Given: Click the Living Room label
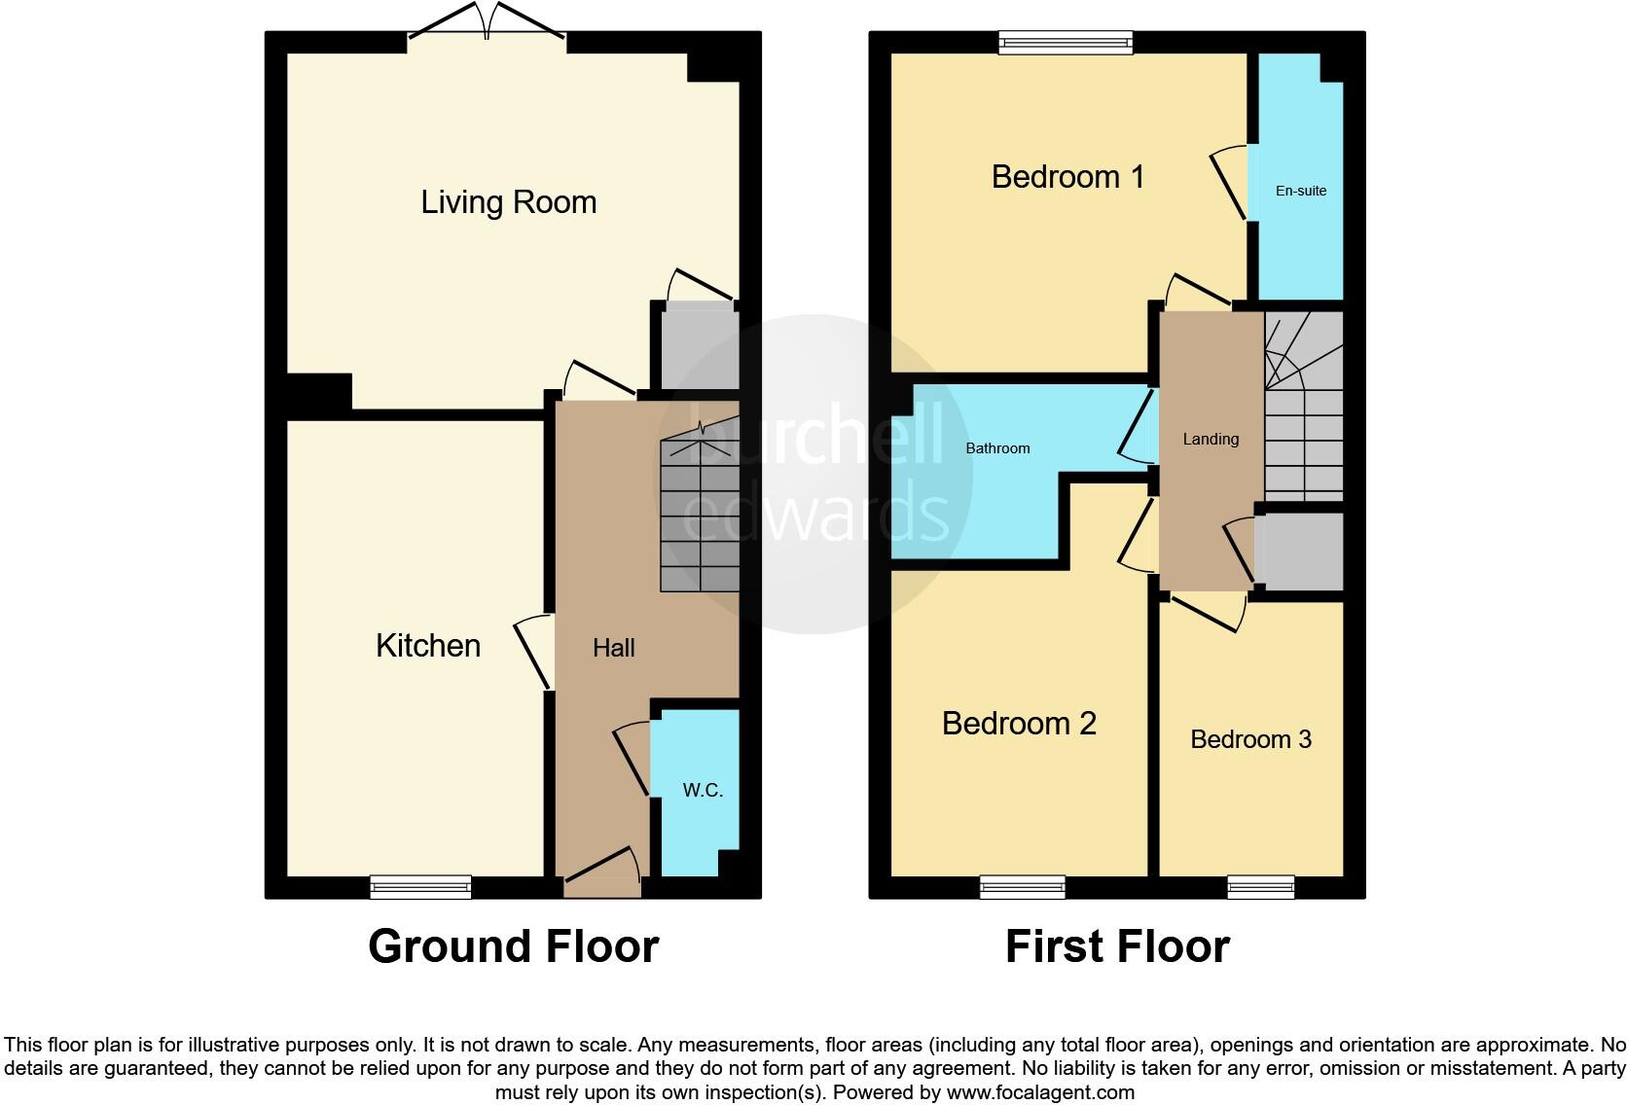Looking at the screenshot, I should (x=508, y=202).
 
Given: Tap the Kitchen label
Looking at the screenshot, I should (x=428, y=646).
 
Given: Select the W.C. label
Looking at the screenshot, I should (x=703, y=790).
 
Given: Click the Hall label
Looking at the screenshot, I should (x=614, y=648).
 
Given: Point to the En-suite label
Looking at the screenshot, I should (x=1301, y=191).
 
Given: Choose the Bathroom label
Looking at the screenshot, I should (x=997, y=448).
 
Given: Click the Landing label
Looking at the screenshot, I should (x=1211, y=439).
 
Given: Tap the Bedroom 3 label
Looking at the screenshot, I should (x=1250, y=739).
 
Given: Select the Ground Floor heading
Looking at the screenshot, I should (x=513, y=945).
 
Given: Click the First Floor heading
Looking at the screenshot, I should (x=1117, y=945).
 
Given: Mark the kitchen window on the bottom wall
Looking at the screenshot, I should (x=420, y=886).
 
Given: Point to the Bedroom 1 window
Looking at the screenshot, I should (x=1067, y=42).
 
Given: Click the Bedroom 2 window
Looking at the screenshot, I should (x=1022, y=886).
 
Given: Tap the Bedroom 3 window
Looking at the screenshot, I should (x=1260, y=886).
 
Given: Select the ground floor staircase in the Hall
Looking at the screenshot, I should (x=700, y=516).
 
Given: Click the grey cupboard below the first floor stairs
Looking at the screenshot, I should (x=1300, y=551).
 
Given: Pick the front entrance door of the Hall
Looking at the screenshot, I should (x=602, y=871).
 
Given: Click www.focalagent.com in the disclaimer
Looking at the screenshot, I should (x=1040, y=1092).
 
